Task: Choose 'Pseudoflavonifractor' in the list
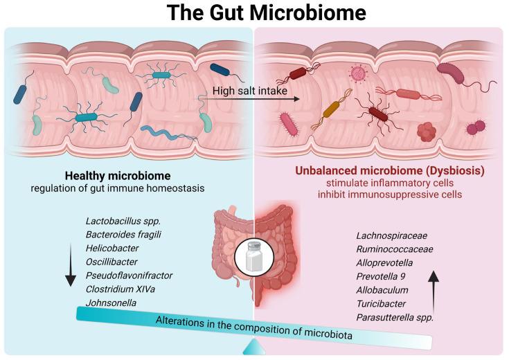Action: click(129, 275)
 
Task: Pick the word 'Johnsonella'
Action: click(110, 302)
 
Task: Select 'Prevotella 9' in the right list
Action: click(382, 278)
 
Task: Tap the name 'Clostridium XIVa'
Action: click(120, 289)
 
